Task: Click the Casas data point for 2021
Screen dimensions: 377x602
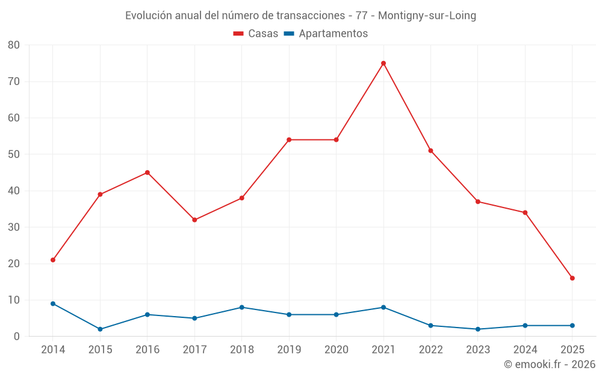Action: pos(383,63)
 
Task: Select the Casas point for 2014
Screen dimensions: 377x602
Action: pos(53,260)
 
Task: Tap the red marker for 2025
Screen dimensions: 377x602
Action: pos(573,278)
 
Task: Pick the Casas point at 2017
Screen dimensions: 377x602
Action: pos(194,220)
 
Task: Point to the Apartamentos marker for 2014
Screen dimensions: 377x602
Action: pos(53,303)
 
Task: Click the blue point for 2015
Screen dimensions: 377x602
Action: pos(100,329)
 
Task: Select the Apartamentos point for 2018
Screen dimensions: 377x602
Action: pos(242,308)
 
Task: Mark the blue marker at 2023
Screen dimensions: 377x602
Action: pos(478,329)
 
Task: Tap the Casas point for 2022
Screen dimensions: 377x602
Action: pos(430,151)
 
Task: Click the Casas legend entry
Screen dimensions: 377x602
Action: pos(256,34)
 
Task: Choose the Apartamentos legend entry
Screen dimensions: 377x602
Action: pos(326,34)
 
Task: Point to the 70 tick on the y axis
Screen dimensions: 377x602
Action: pos(14,81)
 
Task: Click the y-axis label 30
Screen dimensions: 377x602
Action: pos(14,227)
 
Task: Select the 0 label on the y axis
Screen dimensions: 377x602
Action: pos(17,337)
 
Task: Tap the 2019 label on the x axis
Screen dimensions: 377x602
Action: pos(289,350)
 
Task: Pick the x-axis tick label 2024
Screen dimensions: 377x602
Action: pos(525,350)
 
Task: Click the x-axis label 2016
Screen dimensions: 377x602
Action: pos(147,350)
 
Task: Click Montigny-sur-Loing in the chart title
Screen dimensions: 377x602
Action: pos(427,16)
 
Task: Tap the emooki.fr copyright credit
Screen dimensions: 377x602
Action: pos(550,364)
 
